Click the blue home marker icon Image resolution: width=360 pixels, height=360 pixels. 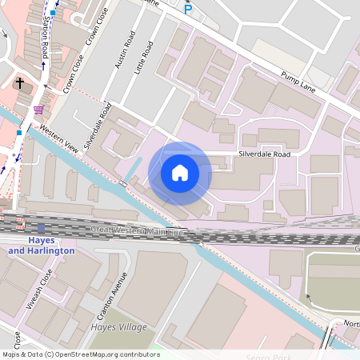[x=180, y=172]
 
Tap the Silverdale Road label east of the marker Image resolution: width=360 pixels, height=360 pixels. [x=264, y=153]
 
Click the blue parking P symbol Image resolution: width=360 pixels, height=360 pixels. [x=188, y=10]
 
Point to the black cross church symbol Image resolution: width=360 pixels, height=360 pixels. [x=19, y=82]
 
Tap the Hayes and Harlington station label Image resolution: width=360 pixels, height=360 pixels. [x=42, y=245]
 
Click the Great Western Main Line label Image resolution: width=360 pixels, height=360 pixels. [x=137, y=231]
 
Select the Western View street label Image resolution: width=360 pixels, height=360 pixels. [x=59, y=138]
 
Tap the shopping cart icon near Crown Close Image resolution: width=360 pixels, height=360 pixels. [x=39, y=110]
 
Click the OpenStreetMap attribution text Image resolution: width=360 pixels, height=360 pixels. [x=80, y=354]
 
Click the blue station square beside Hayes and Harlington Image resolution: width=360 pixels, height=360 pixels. [x=42, y=228]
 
